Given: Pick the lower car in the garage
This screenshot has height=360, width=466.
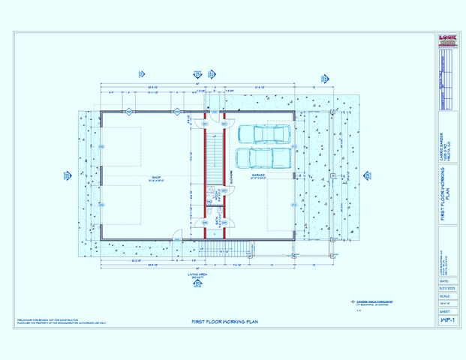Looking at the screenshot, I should pos(264,158).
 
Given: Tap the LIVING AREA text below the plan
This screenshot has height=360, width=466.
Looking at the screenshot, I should pos(198,275).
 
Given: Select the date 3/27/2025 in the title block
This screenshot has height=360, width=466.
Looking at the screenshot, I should pos(447,287).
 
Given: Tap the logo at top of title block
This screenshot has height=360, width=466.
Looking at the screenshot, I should pos(447,42).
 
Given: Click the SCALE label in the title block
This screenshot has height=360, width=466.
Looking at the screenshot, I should pos(447,295).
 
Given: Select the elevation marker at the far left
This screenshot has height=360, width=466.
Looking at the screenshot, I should pos(67,176).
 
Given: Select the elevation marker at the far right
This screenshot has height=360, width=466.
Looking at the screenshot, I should pos(367,175).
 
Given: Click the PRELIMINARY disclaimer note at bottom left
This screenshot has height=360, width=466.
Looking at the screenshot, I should pos(60,321).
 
